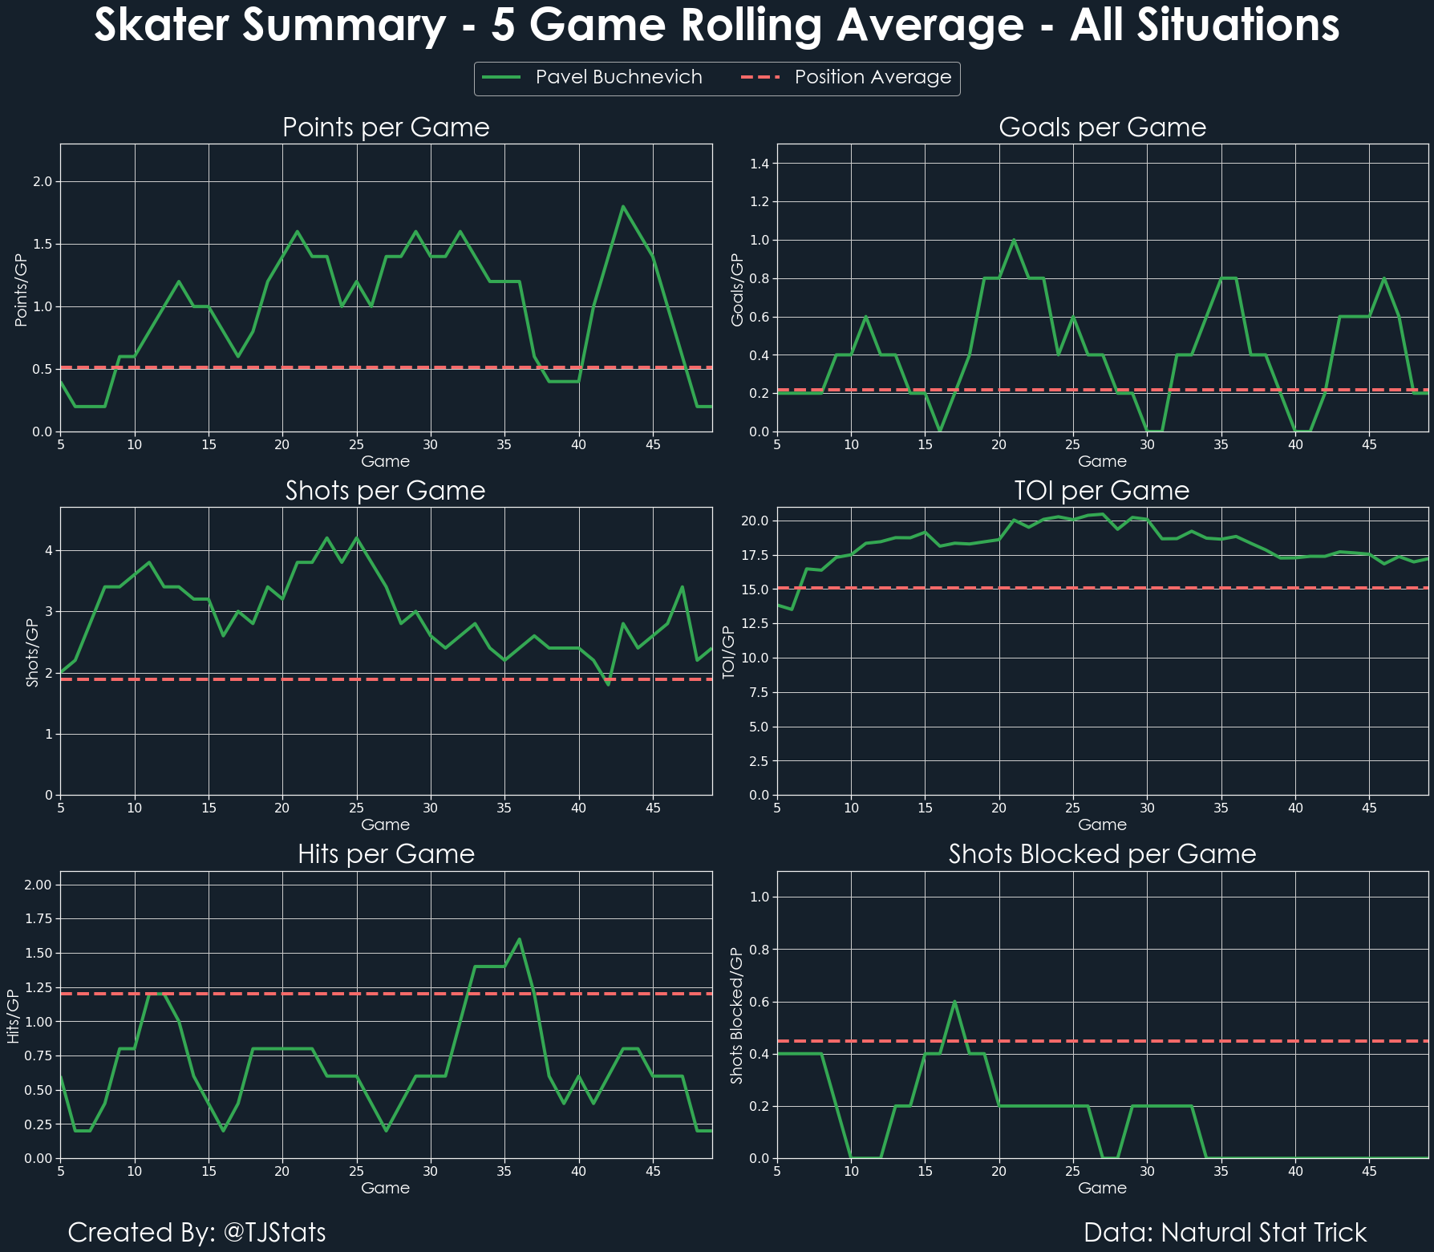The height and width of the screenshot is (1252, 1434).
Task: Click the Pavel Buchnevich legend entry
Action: coord(618,77)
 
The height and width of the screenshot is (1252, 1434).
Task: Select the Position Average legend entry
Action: coord(873,77)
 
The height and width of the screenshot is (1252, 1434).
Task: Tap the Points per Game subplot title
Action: coord(386,128)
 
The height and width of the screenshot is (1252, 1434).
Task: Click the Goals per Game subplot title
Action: coord(1102,128)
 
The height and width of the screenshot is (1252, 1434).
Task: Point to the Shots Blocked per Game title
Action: coord(1102,854)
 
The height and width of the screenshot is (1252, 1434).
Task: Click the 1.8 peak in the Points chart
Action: coord(623,207)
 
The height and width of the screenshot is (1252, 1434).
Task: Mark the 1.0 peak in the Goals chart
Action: coord(1014,240)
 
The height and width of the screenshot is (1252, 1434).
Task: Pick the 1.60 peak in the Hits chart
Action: coord(520,939)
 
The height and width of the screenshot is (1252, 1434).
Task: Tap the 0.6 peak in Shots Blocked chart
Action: coord(954,1001)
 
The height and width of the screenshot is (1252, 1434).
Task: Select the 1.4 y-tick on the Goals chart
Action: coord(759,164)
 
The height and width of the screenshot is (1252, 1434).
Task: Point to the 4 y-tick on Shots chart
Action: coord(49,550)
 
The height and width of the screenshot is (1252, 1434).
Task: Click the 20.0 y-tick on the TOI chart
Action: coord(755,521)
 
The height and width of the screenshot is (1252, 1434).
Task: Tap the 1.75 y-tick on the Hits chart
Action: coord(39,919)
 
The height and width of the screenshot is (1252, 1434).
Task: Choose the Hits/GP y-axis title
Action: coord(13,1015)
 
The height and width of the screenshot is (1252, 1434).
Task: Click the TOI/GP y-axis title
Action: coord(729,652)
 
